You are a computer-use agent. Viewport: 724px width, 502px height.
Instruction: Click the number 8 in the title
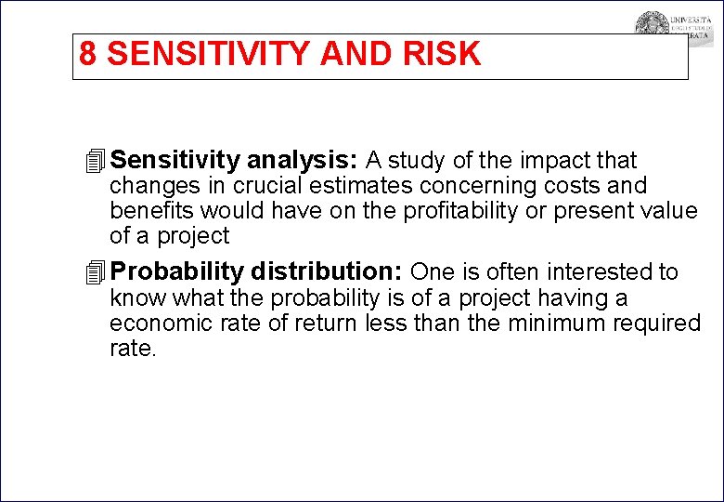click(x=87, y=55)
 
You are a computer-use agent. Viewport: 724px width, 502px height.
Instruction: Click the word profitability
click(x=461, y=211)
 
